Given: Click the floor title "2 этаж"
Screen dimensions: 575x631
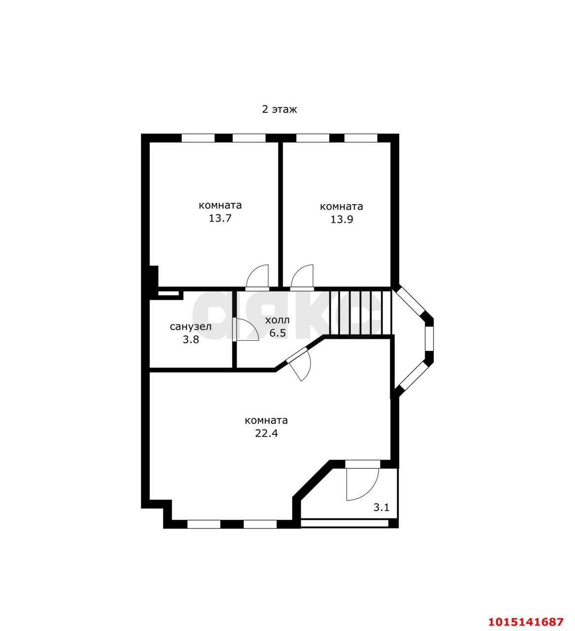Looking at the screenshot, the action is coord(279,109).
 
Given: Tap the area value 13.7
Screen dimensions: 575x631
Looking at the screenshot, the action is coord(220,218).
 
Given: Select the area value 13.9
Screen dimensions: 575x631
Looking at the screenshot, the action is coord(341,219).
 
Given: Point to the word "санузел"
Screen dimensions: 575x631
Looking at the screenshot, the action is coord(191,327).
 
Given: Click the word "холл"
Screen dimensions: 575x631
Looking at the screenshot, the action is coord(277,320).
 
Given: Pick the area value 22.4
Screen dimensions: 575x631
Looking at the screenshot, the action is coord(266,433).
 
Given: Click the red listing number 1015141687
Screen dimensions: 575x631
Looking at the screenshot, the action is coord(526,622).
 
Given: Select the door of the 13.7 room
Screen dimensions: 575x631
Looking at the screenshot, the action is coord(258,277).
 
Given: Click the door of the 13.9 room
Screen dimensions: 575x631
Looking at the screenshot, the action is coord(302,277).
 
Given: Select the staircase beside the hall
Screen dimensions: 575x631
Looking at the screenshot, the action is coord(360,313).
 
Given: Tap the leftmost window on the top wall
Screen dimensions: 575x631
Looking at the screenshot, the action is coord(198,138).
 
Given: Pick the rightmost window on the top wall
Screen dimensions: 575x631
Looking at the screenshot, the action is coord(361,138).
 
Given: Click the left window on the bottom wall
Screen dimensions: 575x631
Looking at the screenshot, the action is coord(203,524).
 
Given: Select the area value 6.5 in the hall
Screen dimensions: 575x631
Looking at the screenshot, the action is coord(277,333).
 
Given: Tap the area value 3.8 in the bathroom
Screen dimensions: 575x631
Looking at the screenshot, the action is coord(191,340).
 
